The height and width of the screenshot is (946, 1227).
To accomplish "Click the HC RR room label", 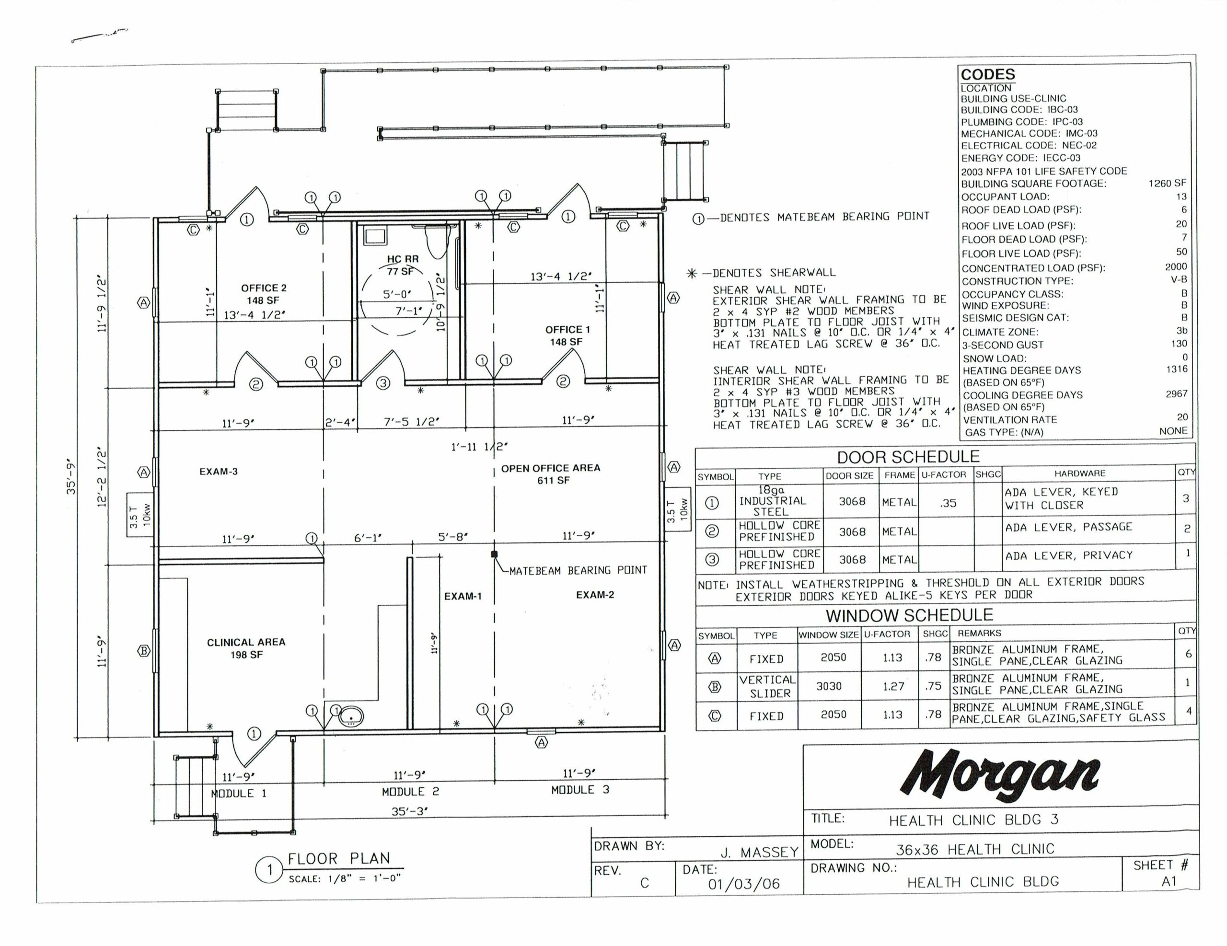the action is pyautogui.click(x=403, y=259).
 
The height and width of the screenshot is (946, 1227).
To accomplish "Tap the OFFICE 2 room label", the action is pyautogui.click(x=264, y=288).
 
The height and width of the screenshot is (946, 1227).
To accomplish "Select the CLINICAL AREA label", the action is pyautogui.click(x=246, y=642).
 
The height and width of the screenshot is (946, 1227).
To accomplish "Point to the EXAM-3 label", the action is pyautogui.click(x=219, y=471).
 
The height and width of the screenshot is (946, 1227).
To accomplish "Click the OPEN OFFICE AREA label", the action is pyautogui.click(x=551, y=468).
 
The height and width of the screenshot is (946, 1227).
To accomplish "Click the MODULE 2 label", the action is pyautogui.click(x=411, y=792).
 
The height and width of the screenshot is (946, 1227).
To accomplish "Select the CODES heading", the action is pyautogui.click(x=988, y=75).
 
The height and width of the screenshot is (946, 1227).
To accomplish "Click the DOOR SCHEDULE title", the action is pyautogui.click(x=908, y=457).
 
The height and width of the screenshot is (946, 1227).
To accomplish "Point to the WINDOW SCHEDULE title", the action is pyautogui.click(x=910, y=616).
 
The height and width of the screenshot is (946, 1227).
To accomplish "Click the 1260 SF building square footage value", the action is pyautogui.click(x=1168, y=183).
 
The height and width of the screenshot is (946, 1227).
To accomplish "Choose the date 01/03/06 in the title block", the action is pyautogui.click(x=744, y=884).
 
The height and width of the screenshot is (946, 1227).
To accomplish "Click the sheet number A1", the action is pyautogui.click(x=1169, y=881).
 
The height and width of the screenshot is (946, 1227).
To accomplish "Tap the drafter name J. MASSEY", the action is pyautogui.click(x=760, y=853).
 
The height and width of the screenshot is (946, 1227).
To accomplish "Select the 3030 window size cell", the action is pyautogui.click(x=829, y=686).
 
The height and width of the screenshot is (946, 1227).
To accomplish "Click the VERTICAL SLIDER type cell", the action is pyautogui.click(x=767, y=686).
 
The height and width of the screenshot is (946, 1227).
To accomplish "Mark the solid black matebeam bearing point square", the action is pyautogui.click(x=495, y=554).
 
